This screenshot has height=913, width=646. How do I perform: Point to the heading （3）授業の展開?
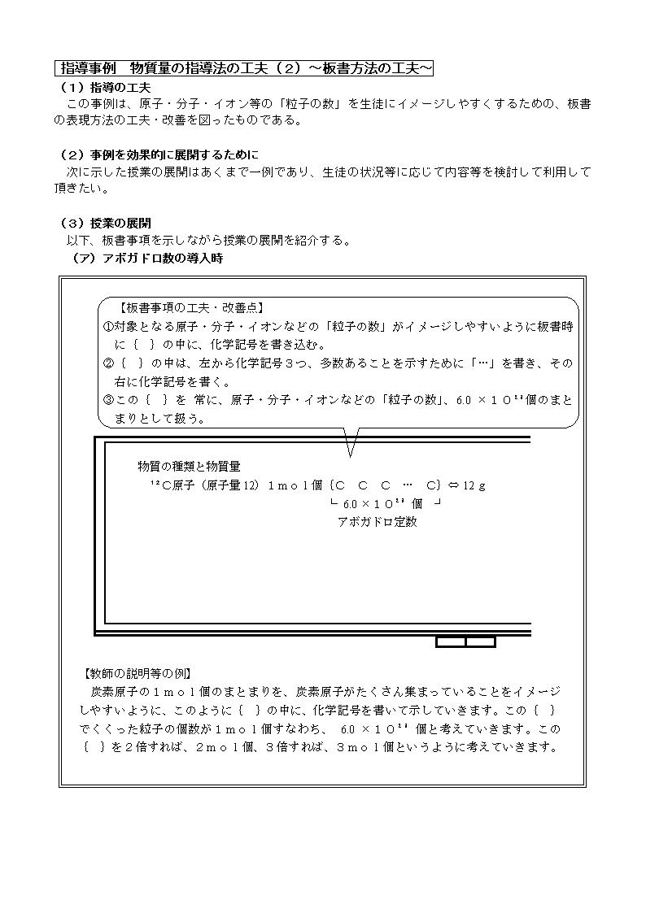(105, 222)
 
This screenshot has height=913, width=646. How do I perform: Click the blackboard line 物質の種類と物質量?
(189, 467)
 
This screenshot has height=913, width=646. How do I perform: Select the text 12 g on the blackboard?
(474, 485)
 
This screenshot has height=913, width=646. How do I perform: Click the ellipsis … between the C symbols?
(408, 485)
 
